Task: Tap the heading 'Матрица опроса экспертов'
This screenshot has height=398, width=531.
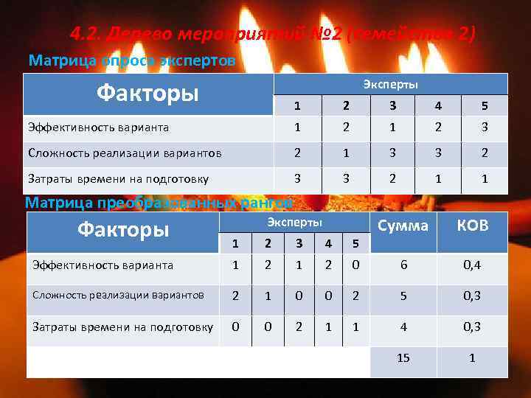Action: [131, 60]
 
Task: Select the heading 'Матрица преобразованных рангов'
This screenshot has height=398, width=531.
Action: [159, 202]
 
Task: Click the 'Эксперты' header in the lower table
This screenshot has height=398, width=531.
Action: [294, 223]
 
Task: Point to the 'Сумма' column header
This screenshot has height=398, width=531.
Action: [403, 226]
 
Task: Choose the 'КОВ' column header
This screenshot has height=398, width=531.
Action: [473, 226]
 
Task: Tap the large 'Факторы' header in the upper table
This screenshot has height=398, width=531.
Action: [148, 94]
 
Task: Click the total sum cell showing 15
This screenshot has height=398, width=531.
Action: [403, 358]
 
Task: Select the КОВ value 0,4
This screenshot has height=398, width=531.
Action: [473, 265]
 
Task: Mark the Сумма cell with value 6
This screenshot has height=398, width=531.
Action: [403, 265]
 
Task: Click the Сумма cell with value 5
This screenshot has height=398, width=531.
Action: [403, 296]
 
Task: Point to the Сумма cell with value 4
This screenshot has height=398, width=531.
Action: [403, 327]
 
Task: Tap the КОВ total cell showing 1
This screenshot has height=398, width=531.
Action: [473, 358]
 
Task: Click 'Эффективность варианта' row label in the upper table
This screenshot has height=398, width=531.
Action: [98, 128]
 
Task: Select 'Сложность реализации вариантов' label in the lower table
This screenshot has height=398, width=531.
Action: [118, 295]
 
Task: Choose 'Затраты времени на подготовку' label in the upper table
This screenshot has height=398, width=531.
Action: [118, 178]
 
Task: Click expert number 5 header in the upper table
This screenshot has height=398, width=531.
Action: [485, 105]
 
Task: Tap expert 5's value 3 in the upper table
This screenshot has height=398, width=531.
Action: [485, 128]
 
